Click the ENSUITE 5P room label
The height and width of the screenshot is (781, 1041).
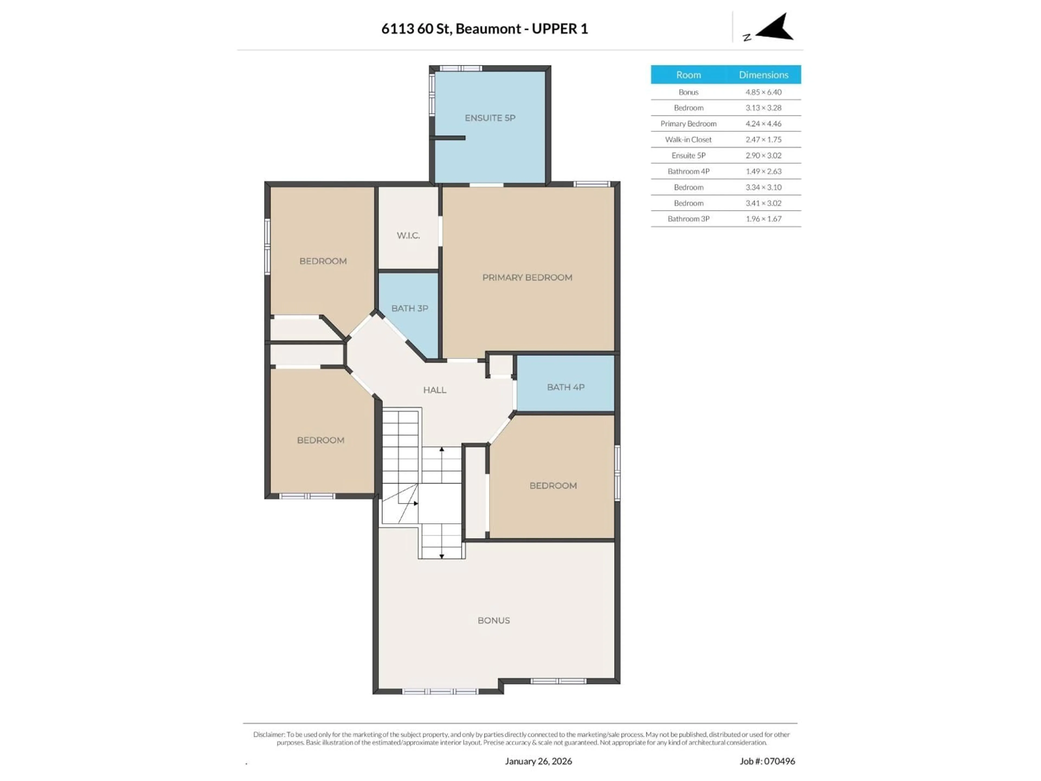[x=490, y=118]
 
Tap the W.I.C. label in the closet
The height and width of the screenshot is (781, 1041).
[x=408, y=235]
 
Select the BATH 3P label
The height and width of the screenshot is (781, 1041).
[x=409, y=308]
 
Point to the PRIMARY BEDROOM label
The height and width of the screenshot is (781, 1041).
[x=527, y=277]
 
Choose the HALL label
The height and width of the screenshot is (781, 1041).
[x=434, y=390]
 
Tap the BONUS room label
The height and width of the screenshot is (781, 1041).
[x=493, y=620]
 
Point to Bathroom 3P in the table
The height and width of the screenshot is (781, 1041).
[x=688, y=219]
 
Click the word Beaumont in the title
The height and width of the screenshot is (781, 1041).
[x=488, y=29]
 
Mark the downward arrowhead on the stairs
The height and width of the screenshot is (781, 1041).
[x=441, y=556]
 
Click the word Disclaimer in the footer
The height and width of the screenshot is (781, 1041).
[x=268, y=734]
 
